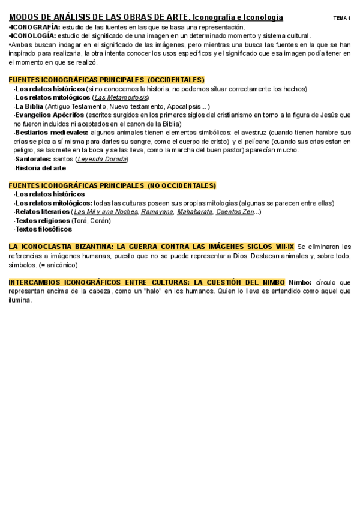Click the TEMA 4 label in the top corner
pos(341,19)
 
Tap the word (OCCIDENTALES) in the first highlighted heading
pos(176,80)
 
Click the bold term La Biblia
pos(29,106)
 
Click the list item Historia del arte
pos(40,168)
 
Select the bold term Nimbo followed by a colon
pos(300,283)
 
